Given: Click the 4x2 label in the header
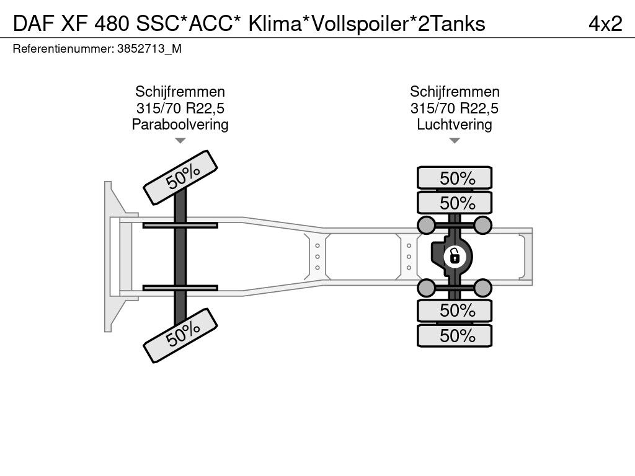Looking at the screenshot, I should click(x=605, y=23).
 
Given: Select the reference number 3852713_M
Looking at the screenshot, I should click(x=149, y=50).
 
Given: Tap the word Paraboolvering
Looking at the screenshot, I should click(x=180, y=125).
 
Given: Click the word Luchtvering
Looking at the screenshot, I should click(x=455, y=125).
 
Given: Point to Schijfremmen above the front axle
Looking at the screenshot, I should click(x=180, y=92).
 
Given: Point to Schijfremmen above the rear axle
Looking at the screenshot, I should click(x=455, y=92).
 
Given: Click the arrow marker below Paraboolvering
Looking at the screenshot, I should click(x=180, y=141).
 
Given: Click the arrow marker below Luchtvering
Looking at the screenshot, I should click(x=455, y=141).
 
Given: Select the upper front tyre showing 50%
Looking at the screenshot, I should click(x=182, y=177).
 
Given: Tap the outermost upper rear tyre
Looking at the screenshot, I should click(x=455, y=178).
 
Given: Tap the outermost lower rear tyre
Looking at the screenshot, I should click(x=455, y=336).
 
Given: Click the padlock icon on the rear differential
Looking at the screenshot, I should click(x=455, y=255).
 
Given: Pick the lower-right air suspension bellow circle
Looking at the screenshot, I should click(x=483, y=287).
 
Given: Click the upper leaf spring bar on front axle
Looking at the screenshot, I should click(x=180, y=225).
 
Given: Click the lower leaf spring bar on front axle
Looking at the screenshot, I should click(x=180, y=288).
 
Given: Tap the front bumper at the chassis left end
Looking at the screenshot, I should click(x=112, y=255).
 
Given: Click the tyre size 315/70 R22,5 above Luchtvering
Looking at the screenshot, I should click(x=455, y=108).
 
